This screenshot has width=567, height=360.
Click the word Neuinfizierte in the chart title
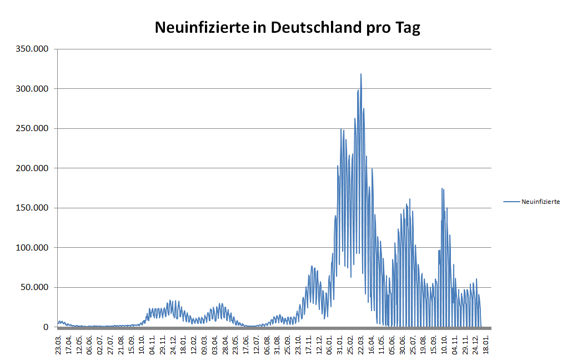pyautogui.click(x=200, y=28)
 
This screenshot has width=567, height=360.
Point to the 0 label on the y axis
pyautogui.click(x=47, y=327)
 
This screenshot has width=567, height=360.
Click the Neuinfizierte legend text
pyautogui.click(x=540, y=202)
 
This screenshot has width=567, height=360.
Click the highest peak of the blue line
pyautogui.click(x=361, y=74)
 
